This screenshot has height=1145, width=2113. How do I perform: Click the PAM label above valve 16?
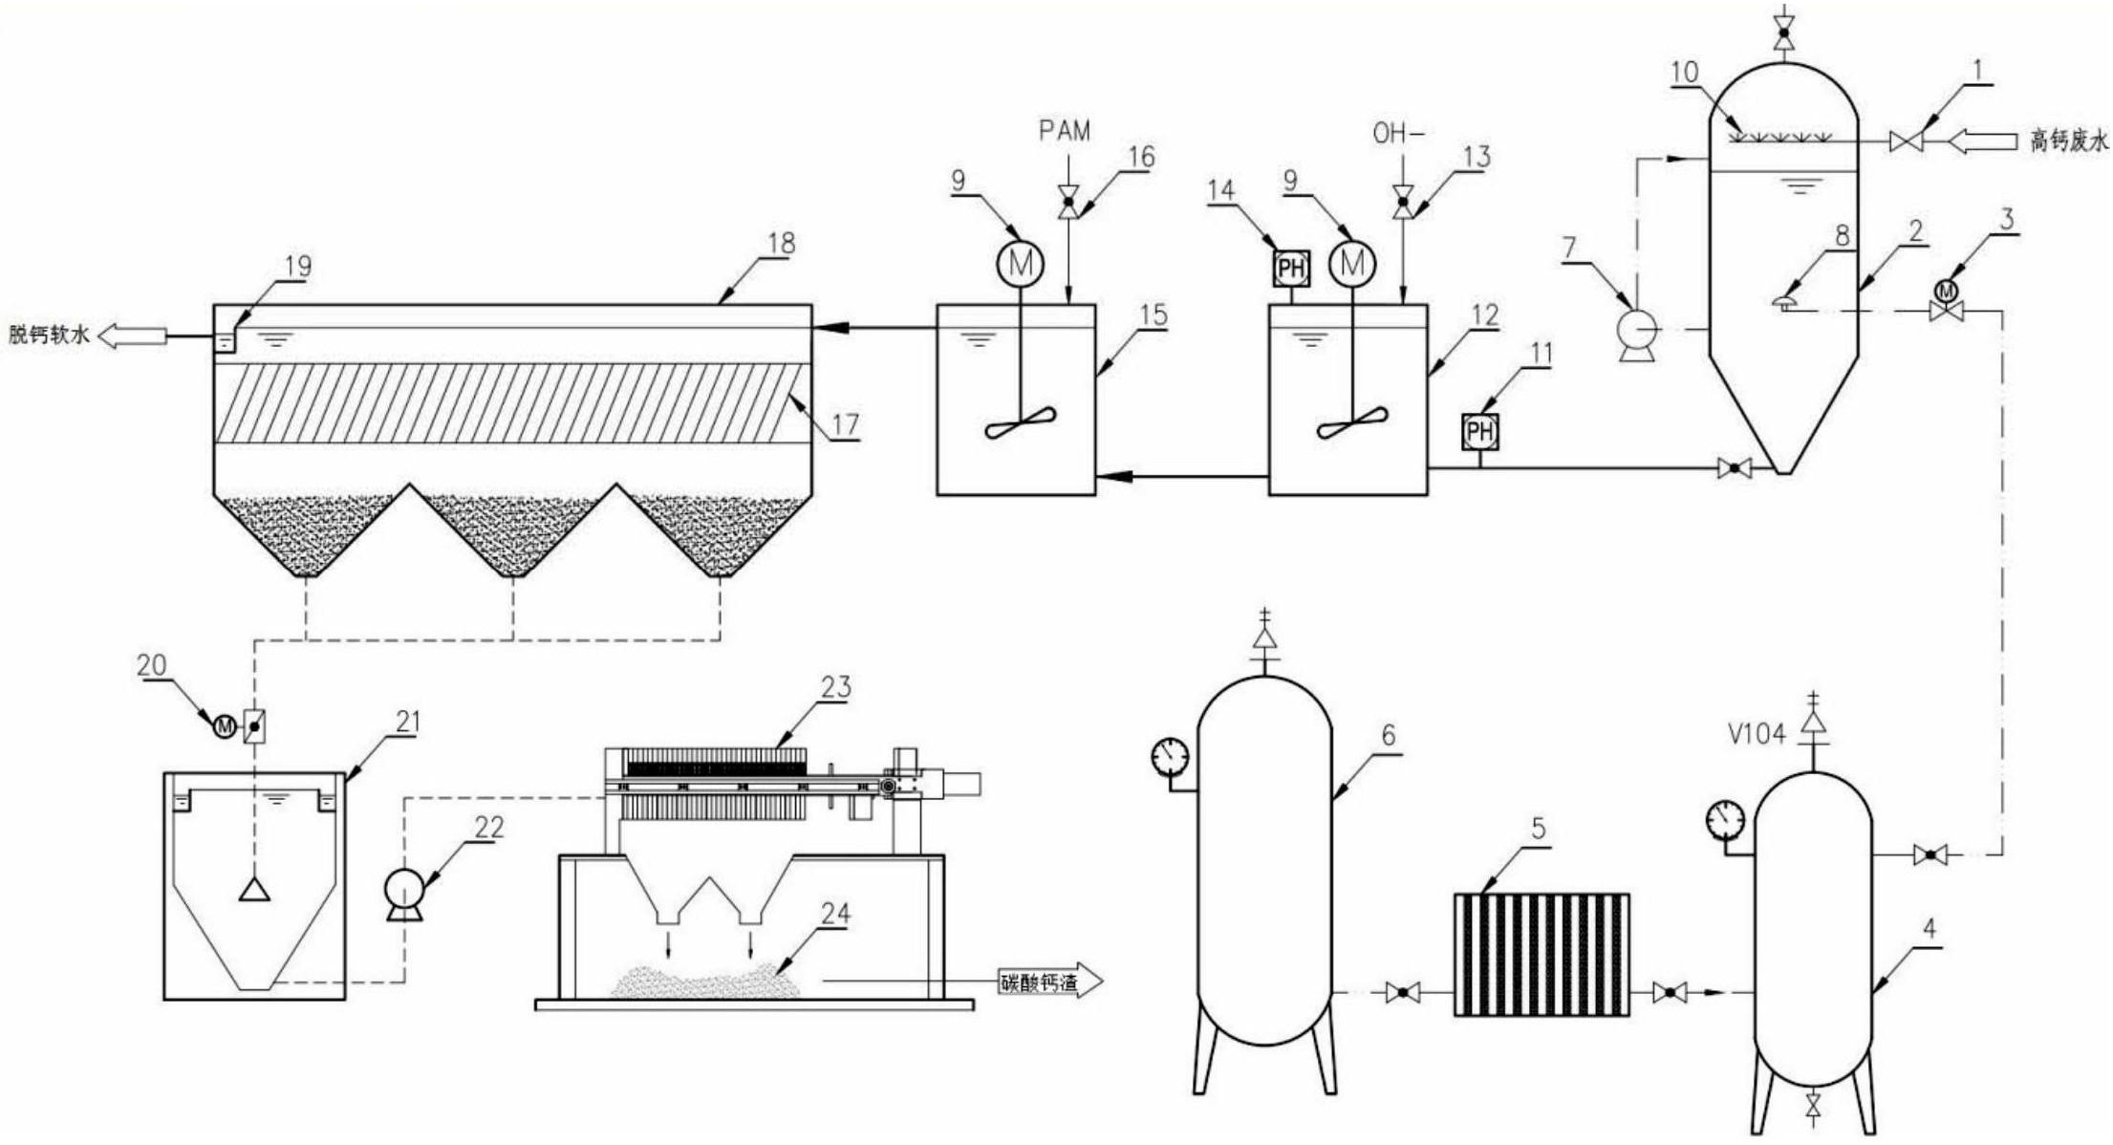click(1065, 131)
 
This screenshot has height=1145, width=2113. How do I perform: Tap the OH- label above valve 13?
click(1398, 134)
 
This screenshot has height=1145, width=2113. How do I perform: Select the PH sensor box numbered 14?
click(1291, 268)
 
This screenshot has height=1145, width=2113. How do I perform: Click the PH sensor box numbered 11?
click(1480, 432)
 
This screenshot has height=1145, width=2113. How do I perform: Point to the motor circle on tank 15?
click(1021, 264)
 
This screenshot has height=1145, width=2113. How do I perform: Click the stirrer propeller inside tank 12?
click(1352, 422)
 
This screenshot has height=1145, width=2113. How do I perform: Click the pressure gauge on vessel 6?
click(1170, 757)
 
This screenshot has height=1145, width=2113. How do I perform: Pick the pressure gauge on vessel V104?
click(1726, 820)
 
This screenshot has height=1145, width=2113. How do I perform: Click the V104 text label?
click(1757, 734)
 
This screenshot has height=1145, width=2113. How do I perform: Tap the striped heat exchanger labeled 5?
click(1542, 954)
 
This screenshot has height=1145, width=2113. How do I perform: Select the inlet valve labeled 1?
click(1907, 142)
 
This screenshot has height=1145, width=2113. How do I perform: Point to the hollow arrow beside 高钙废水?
click(1983, 142)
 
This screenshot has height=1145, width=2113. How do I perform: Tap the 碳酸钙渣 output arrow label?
click(1049, 981)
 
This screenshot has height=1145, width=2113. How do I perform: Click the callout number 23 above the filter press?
click(835, 687)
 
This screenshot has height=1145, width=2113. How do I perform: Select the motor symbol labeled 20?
click(225, 727)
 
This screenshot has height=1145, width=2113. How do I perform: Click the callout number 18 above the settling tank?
click(781, 244)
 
